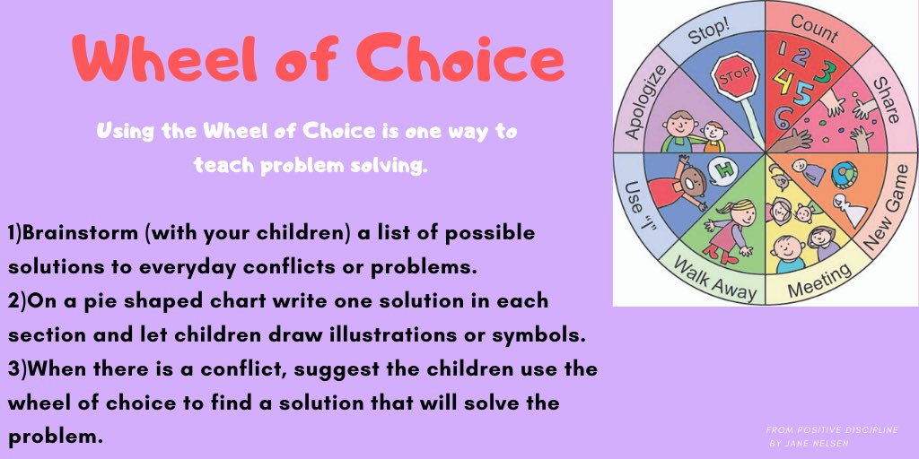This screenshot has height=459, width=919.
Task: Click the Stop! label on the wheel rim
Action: click(x=709, y=34)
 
